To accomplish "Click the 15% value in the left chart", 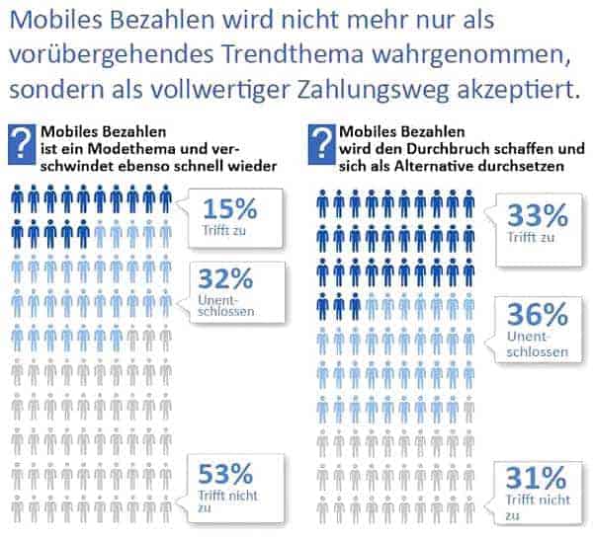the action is (230, 209).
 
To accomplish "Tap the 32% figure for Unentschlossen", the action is (225, 278).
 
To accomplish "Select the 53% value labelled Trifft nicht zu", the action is (225, 474).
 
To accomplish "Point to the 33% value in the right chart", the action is (538, 216).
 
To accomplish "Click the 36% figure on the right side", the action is (538, 315).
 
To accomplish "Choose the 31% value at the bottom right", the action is (537, 478).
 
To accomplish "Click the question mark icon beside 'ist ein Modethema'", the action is (22, 144).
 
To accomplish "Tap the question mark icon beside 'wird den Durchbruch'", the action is (321, 144).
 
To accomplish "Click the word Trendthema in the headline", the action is (293, 54).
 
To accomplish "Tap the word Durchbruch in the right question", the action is (447, 149).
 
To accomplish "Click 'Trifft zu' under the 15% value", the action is (224, 230).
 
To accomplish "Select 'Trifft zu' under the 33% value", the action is (531, 237).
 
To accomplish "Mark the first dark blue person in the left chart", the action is (18, 199).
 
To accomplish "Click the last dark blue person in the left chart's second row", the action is (84, 234).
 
